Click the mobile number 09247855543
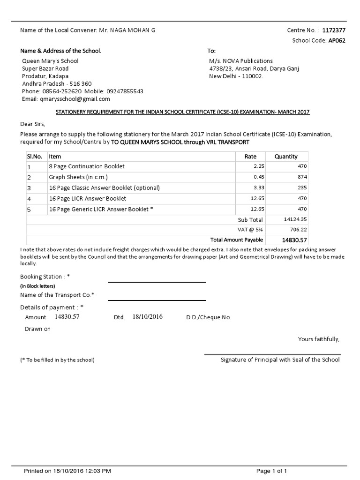125,91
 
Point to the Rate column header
250,157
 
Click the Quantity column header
286,157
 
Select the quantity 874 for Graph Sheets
302,177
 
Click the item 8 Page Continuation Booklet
87,166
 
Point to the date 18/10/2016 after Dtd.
147,317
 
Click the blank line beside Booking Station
157,282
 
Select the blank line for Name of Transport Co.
157,300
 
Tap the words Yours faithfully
319,339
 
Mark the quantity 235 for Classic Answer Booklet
302,188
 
